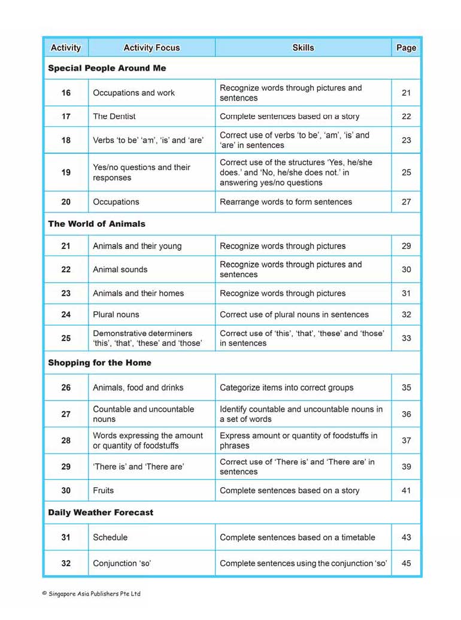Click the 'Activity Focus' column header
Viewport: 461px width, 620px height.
[151, 48]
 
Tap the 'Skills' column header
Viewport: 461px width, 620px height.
[303, 48]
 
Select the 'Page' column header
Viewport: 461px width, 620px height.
[406, 48]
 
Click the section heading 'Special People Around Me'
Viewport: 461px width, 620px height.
[107, 68]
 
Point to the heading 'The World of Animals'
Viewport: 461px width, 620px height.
[97, 224]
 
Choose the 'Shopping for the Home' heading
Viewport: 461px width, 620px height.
[100, 363]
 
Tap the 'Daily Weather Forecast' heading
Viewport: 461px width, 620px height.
[101, 512]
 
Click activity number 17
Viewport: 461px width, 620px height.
[66, 116]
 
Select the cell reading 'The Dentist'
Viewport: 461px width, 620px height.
[114, 116]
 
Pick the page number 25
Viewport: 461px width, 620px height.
[407, 172]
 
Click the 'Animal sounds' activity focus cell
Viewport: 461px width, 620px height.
[120, 269]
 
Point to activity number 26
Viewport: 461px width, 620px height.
[66, 387]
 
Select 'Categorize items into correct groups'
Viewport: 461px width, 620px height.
[287, 387]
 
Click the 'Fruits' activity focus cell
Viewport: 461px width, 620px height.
[104, 490]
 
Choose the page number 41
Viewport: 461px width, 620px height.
[407, 490]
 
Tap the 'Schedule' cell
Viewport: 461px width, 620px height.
[110, 537]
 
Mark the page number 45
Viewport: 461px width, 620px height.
[407, 563]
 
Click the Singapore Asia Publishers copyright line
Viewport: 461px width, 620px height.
[91, 594]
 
